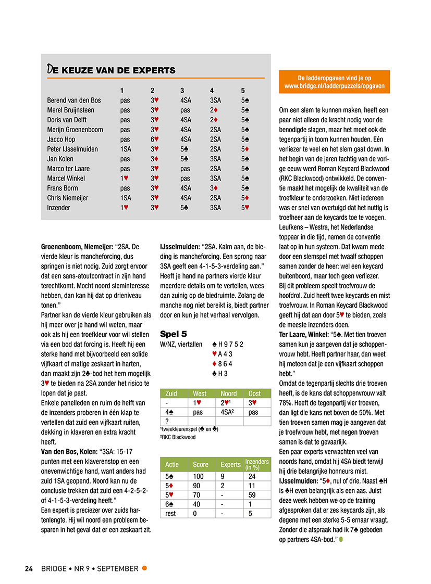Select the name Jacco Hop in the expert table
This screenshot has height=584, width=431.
pyautogui.click(x=61, y=139)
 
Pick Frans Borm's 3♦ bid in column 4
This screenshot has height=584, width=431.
pyautogui.click(x=215, y=188)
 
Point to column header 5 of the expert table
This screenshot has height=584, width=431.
pyautogui.click(x=243, y=90)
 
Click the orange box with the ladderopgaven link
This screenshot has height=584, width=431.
pyautogui.click(x=334, y=82)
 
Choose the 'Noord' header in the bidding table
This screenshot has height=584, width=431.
pyautogui.click(x=229, y=393)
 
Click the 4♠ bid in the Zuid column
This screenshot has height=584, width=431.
pyautogui.click(x=169, y=412)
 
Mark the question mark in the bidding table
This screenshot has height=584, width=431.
pyautogui.click(x=167, y=421)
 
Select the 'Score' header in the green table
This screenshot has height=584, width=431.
pyautogui.click(x=201, y=464)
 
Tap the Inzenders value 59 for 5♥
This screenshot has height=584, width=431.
pyautogui.click(x=252, y=495)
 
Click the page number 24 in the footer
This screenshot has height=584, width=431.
pyautogui.click(x=29, y=568)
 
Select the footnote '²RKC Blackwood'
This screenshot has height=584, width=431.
pyautogui.click(x=178, y=437)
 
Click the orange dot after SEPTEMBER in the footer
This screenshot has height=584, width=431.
pyautogui.click(x=144, y=568)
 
